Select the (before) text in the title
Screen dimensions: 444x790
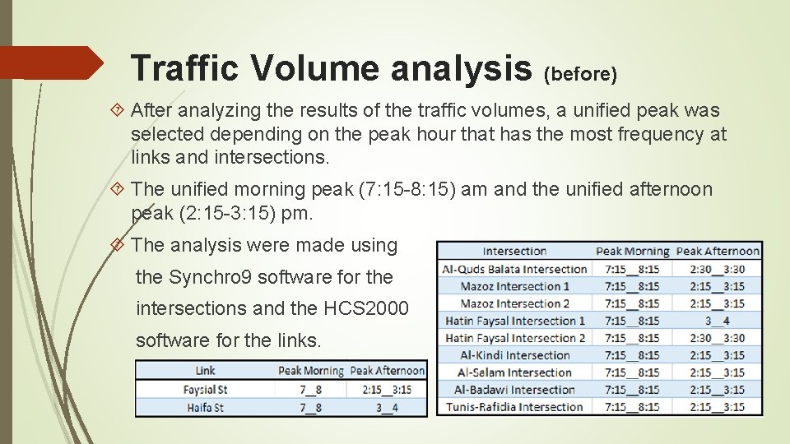(580, 75)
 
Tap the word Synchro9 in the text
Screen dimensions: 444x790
(209, 277)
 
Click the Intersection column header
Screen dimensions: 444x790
(514, 252)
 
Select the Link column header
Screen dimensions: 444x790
(205, 371)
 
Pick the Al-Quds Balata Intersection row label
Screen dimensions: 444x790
(515, 269)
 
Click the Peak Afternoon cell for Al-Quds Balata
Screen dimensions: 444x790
(718, 269)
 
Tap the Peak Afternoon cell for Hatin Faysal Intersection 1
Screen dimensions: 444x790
(718, 321)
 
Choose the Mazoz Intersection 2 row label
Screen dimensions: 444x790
(515, 303)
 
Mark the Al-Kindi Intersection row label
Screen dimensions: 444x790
(515, 355)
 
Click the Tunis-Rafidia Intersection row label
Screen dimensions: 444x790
(515, 407)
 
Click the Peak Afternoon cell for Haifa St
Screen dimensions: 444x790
(388, 407)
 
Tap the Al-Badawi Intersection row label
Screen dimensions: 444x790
(515, 390)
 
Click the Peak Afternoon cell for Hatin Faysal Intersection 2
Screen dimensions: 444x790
(718, 338)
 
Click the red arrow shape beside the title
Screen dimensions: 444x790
(51, 62)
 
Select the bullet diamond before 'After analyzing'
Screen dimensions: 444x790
(118, 110)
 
